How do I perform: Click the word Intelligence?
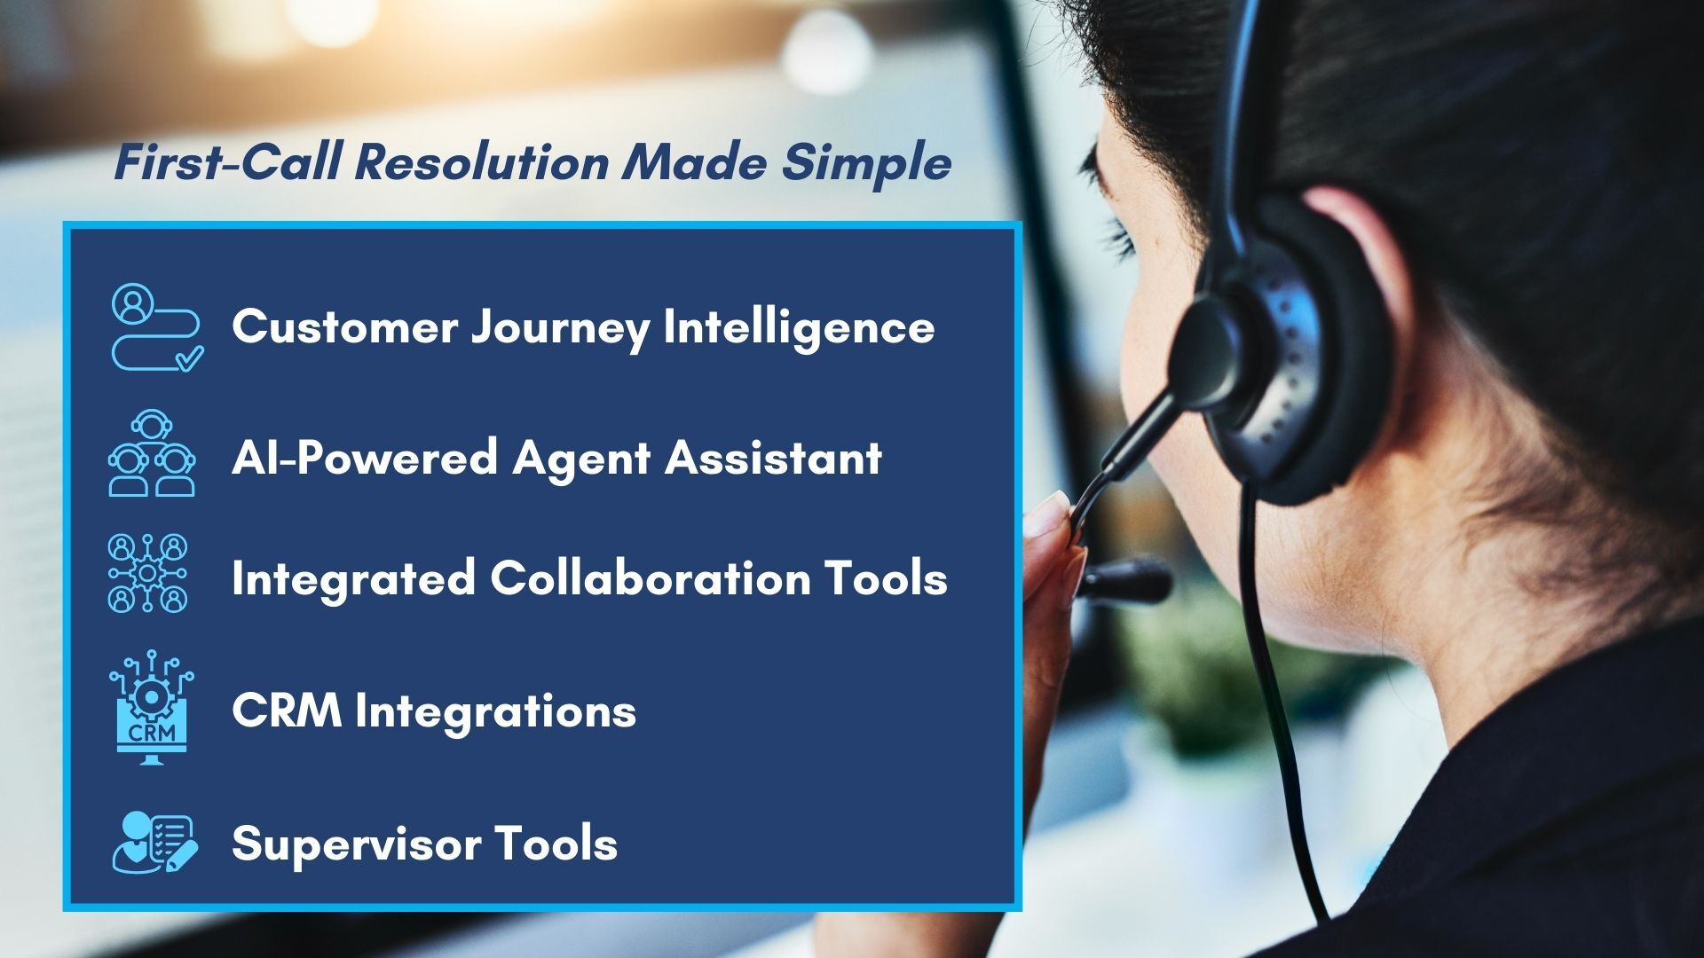point(799,327)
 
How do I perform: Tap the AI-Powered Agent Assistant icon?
point(152,453)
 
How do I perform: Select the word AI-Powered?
point(364,459)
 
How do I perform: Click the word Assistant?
point(773,459)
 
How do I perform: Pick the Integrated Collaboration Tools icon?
point(148,573)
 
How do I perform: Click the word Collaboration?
point(650,578)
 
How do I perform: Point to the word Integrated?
point(353,578)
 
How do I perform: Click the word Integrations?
point(495,711)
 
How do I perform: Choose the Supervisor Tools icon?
point(154,842)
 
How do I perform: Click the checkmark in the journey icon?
point(190,358)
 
